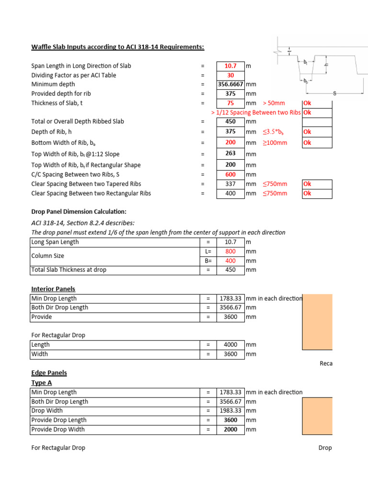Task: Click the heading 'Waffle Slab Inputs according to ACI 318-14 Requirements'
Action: (x=117, y=47)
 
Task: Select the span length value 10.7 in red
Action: (x=230, y=66)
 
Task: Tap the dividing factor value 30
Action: (x=230, y=75)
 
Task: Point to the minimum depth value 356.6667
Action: (x=230, y=84)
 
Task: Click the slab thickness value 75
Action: (x=230, y=103)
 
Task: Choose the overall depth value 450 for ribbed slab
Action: (x=230, y=122)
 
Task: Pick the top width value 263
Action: (x=230, y=153)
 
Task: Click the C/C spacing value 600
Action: (x=230, y=175)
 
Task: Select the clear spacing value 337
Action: (x=230, y=184)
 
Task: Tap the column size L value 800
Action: (x=230, y=251)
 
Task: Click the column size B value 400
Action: (x=230, y=261)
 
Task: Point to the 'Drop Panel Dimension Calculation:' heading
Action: (x=79, y=211)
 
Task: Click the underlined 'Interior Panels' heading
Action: (x=53, y=289)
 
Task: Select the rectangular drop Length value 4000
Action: (x=230, y=345)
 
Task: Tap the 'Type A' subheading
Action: (x=42, y=383)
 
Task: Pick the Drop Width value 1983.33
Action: (x=230, y=411)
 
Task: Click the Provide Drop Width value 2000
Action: (x=230, y=430)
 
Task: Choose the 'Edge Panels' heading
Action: (x=49, y=373)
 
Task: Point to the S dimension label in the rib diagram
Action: (x=335, y=93)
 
